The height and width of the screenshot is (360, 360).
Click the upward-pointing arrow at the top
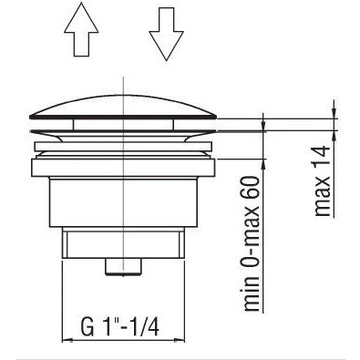point(81,29)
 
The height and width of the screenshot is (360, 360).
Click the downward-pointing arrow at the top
point(166,34)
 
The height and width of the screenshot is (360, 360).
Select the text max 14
point(322,180)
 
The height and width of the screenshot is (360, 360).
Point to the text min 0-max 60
point(252,243)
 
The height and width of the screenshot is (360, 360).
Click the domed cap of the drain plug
point(123,107)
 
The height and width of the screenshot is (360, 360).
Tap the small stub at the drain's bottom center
point(123,267)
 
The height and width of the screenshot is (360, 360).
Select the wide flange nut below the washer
point(123,168)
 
